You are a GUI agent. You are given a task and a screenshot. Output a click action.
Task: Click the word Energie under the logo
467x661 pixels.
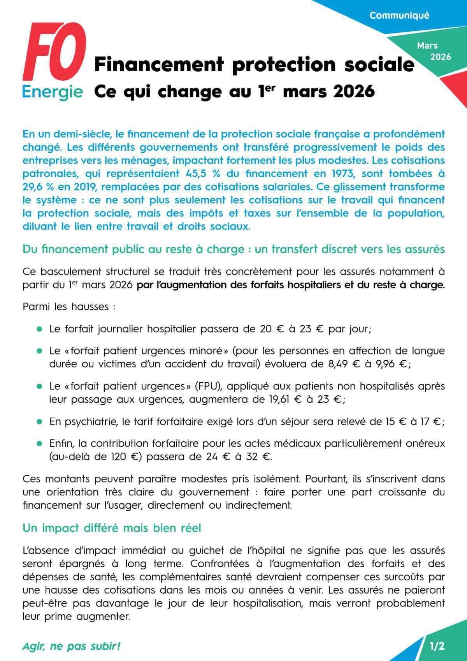click(53, 92)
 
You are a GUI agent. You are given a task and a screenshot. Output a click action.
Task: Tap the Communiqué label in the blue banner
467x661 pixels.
click(399, 16)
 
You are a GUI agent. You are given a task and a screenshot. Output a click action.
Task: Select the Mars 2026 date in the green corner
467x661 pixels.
click(433, 51)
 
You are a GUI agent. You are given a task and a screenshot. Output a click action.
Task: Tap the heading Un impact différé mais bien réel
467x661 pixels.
click(112, 528)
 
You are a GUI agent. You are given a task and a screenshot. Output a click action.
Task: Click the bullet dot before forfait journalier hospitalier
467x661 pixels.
click(39, 329)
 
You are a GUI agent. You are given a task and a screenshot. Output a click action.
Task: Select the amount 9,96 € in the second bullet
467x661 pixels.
click(391, 364)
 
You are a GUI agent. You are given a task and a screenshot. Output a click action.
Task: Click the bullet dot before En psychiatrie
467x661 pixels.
click(39, 422)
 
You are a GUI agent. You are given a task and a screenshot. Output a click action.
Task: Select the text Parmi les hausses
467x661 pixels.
click(66, 307)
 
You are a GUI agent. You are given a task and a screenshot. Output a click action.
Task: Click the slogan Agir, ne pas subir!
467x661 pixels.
click(72, 646)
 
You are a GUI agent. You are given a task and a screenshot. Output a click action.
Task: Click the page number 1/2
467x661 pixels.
click(437, 646)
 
